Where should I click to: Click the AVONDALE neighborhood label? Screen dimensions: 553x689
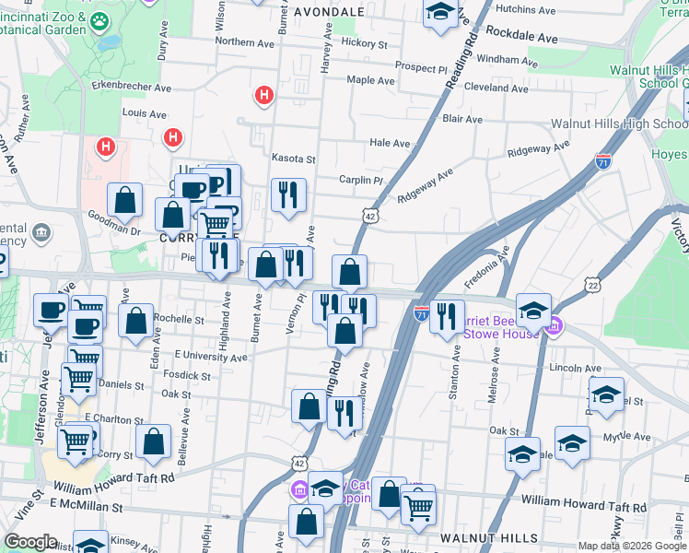pyautogui.click(x=329, y=12)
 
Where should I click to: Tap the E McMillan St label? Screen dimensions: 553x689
pyautogui.click(x=87, y=506)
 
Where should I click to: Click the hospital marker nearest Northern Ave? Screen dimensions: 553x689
pyautogui.click(x=264, y=94)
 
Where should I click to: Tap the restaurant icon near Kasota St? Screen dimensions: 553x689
pyautogui.click(x=288, y=194)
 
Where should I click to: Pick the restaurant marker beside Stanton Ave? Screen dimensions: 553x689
pyautogui.click(x=447, y=316)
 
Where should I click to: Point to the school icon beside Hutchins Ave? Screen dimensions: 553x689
pyautogui.click(x=440, y=12)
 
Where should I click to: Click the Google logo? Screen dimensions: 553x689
pyautogui.click(x=31, y=542)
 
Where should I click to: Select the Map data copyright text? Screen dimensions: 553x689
pyautogui.click(x=631, y=546)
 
